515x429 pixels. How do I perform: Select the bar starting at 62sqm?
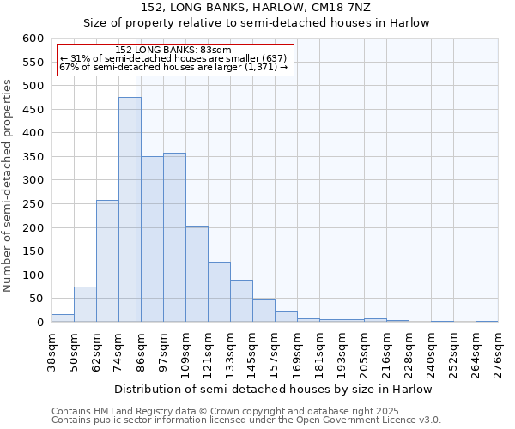(x=107, y=261)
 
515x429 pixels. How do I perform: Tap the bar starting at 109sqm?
(x=197, y=274)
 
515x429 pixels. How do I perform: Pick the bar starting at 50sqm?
(x=85, y=304)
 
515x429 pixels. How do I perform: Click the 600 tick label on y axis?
(x=32, y=39)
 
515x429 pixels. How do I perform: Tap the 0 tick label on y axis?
(x=39, y=323)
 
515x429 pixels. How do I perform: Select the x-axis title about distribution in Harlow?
(x=273, y=389)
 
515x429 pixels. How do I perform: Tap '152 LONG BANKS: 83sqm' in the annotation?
(x=173, y=51)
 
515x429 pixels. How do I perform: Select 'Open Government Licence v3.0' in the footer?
(x=378, y=420)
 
